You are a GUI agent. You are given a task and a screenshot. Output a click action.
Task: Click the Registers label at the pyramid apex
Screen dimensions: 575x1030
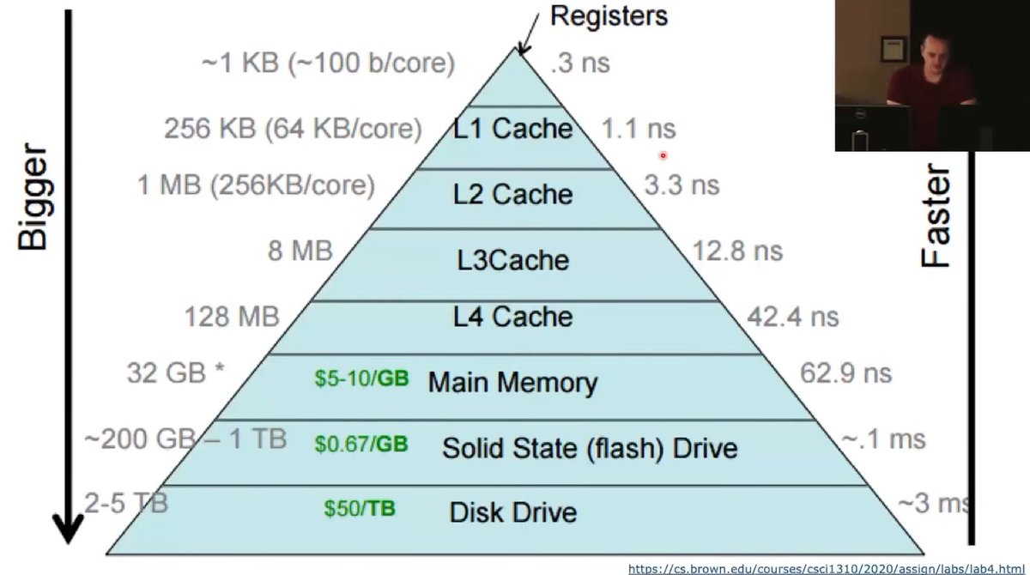(608, 15)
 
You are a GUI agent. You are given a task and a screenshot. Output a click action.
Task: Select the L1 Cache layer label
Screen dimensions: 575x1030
(513, 129)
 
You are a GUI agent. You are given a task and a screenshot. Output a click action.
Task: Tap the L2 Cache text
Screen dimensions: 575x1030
(513, 194)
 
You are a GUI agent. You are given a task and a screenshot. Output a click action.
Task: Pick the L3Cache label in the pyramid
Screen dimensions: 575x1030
(512, 258)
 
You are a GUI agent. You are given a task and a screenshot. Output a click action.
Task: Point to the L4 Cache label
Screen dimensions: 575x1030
(512, 317)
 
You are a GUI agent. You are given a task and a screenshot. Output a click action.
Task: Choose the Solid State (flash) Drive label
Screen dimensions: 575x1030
(590, 447)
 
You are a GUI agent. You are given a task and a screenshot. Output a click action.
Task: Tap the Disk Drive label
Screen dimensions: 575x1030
(512, 512)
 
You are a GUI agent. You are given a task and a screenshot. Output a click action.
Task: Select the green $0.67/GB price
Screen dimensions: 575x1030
(360, 444)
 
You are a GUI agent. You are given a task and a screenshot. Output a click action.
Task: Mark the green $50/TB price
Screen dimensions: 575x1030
(360, 508)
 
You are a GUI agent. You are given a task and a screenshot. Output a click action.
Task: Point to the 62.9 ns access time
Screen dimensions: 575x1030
(845, 373)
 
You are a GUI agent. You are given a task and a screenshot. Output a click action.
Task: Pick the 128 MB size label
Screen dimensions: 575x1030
(232, 317)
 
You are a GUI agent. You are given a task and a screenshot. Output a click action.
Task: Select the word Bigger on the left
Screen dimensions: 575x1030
(33, 203)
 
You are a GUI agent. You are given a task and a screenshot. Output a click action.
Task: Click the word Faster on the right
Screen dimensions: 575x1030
(936, 219)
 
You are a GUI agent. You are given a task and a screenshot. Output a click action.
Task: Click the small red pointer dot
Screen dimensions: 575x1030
(663, 155)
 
